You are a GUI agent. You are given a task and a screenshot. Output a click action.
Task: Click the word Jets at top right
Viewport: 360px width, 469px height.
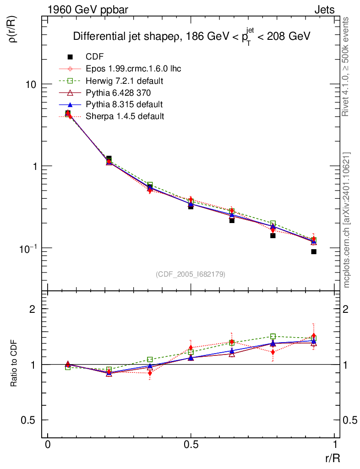[x=324, y=9]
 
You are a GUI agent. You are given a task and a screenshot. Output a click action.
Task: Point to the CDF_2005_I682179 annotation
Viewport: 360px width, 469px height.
[x=191, y=274]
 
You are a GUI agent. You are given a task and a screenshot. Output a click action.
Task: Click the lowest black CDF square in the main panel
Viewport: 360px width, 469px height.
[x=314, y=252]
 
